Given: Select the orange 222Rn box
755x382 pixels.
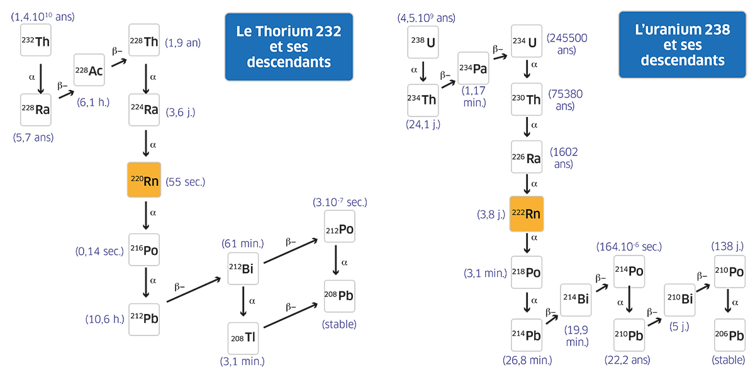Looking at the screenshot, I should click(x=526, y=213).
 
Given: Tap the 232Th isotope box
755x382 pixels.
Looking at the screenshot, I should click(x=36, y=42).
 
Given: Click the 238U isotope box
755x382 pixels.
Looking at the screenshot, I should click(x=423, y=42).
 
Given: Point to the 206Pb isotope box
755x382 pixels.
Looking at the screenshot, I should click(x=729, y=335).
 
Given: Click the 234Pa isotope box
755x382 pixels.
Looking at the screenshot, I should click(x=473, y=68).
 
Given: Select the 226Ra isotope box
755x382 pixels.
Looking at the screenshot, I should click(x=526, y=158).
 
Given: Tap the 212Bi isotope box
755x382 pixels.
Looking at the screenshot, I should click(x=243, y=271).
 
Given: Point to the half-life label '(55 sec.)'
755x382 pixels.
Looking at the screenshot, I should click(x=186, y=183).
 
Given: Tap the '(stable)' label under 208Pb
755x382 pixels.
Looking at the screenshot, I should click(x=339, y=324).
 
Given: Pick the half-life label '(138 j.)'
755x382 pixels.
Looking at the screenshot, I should click(x=729, y=244).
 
